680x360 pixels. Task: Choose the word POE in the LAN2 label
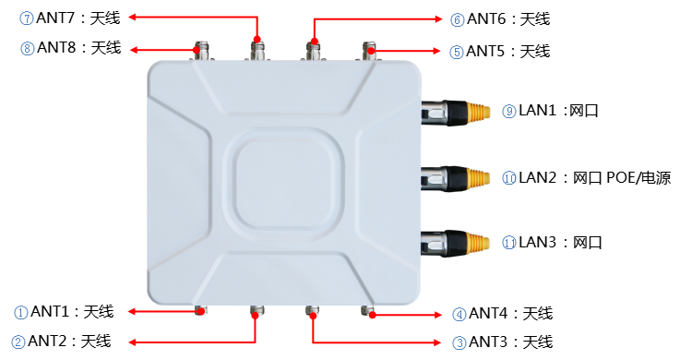[x=621, y=177]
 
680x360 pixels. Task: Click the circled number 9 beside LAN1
[x=509, y=112]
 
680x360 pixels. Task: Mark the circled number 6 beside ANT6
[x=457, y=20]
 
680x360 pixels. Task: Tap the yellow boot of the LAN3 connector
[x=478, y=244]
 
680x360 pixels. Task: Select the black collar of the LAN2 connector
[x=456, y=178]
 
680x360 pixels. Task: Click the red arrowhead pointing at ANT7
[x=133, y=18]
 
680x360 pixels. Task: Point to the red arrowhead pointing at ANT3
[x=436, y=342]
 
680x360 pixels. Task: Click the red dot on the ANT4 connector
[x=372, y=315]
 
